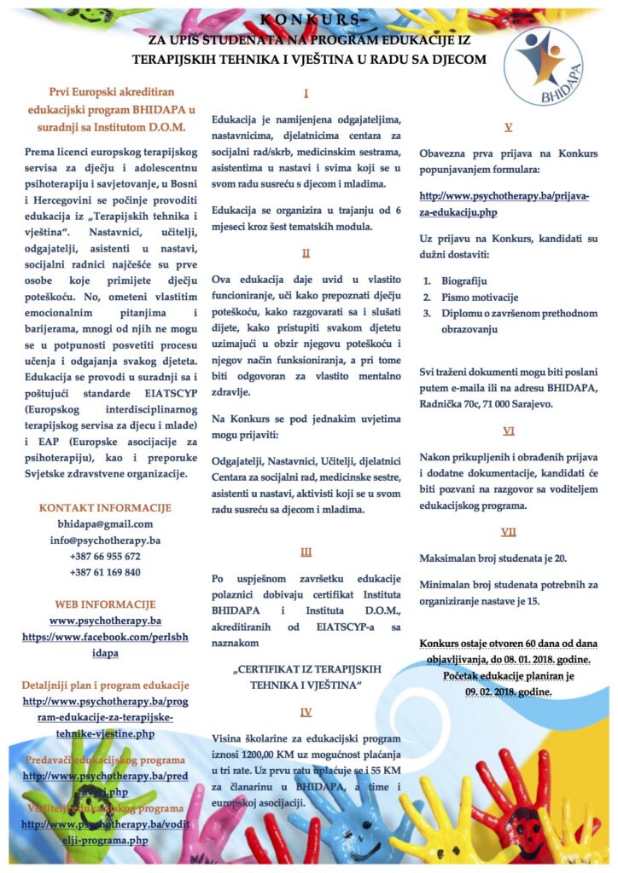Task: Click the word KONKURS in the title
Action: [308, 18]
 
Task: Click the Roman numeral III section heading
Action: [306, 552]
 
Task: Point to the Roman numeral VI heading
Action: [509, 431]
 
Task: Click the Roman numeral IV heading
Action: [306, 712]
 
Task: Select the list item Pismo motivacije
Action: [480, 297]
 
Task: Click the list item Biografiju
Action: [466, 280]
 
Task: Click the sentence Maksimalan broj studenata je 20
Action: [488, 558]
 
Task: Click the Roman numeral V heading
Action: [509, 127]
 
